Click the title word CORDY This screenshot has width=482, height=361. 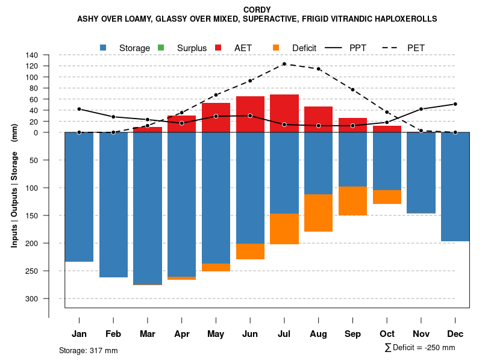257,10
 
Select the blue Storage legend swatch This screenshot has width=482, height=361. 104,48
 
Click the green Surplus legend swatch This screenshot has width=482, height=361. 161,48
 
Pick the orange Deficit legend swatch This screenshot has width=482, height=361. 276,48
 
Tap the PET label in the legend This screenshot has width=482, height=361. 416,48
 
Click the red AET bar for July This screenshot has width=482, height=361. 284,113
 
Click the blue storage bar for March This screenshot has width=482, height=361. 148,208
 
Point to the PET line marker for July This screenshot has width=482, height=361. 284,64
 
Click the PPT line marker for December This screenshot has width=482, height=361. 455,104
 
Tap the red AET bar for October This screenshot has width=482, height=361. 387,129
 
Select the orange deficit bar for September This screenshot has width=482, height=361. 352,201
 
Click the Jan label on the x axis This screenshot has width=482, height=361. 79,334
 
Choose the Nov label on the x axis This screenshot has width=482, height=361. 421,334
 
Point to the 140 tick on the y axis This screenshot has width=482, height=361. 32,55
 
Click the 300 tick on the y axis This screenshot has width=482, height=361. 32,298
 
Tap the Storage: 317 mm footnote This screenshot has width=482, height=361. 89,350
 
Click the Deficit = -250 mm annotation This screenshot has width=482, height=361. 420,348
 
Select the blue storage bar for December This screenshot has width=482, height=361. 455,187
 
